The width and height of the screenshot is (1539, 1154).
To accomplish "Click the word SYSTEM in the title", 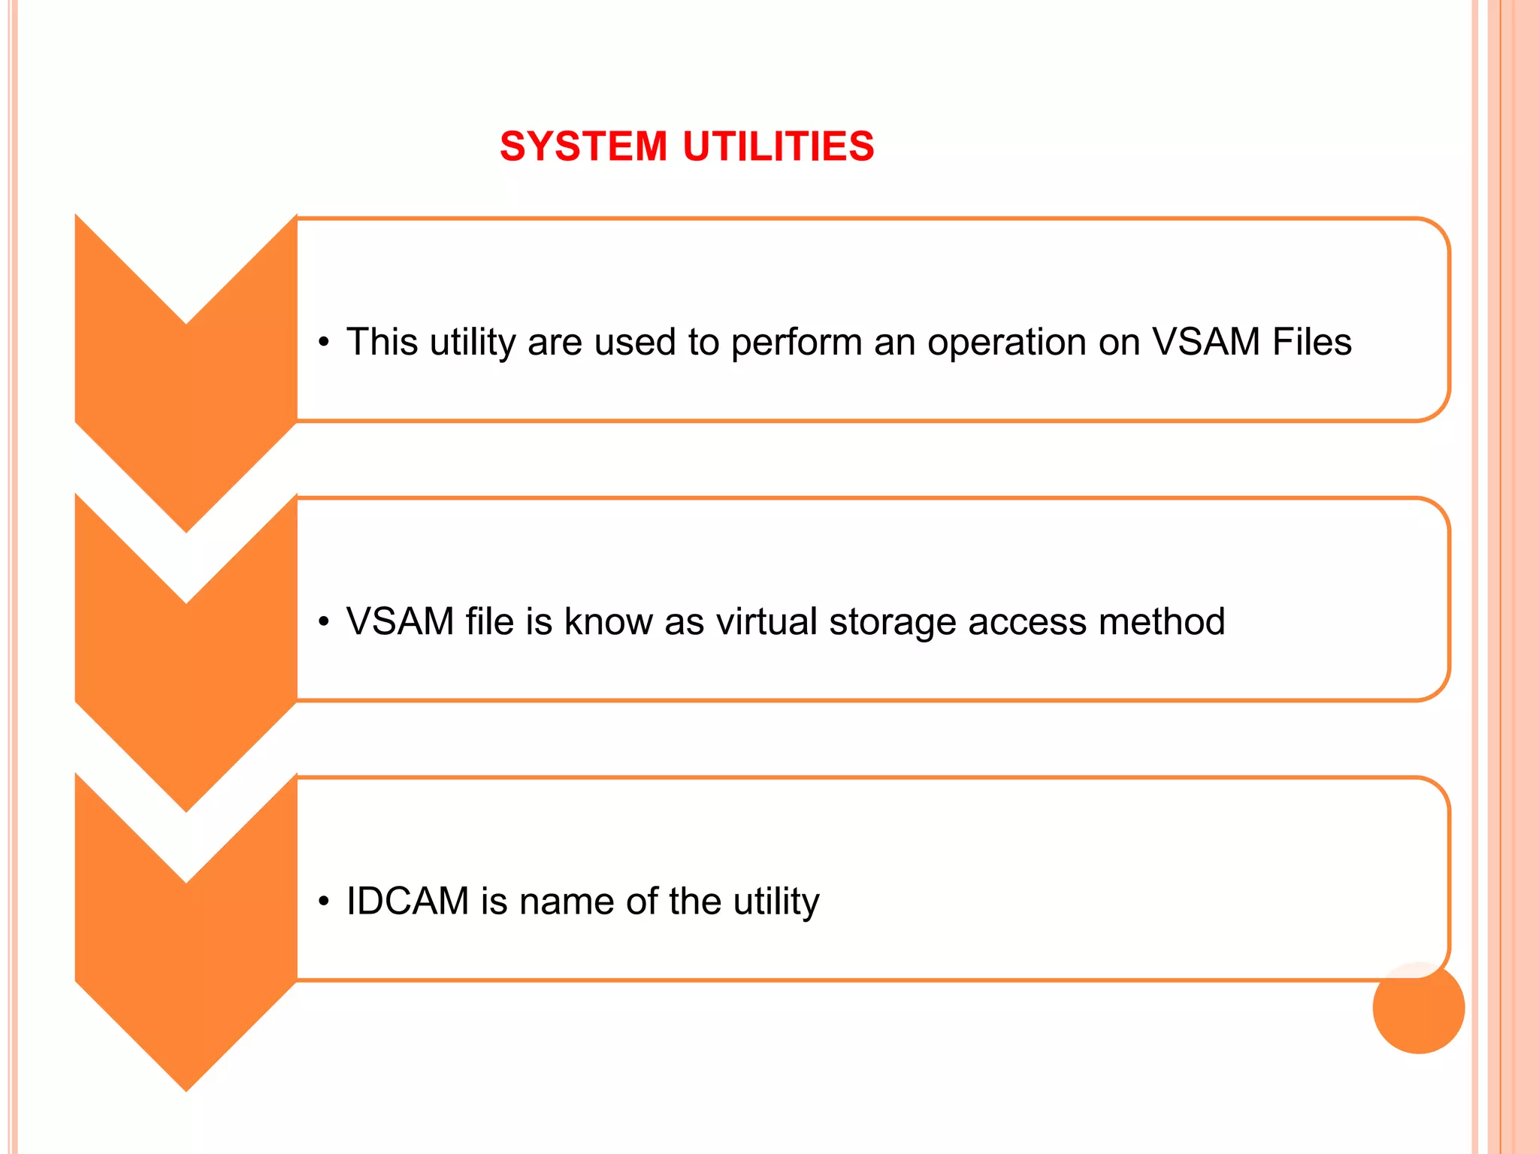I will tap(583, 146).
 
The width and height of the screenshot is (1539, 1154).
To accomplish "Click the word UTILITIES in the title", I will tap(779, 146).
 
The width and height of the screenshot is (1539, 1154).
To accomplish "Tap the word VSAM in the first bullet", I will tap(1205, 342).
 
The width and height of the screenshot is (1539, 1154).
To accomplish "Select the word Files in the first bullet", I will tap(1312, 342).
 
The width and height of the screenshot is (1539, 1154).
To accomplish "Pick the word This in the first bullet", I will tap(382, 342).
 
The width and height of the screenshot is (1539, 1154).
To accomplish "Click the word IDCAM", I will tap(407, 902).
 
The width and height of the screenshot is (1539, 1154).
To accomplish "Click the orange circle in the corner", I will tap(1418, 1007).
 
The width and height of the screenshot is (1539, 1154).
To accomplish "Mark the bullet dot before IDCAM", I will tap(324, 902).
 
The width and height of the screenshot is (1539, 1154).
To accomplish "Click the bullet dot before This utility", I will tap(324, 343).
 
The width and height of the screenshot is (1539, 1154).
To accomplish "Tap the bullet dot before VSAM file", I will tap(324, 623).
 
